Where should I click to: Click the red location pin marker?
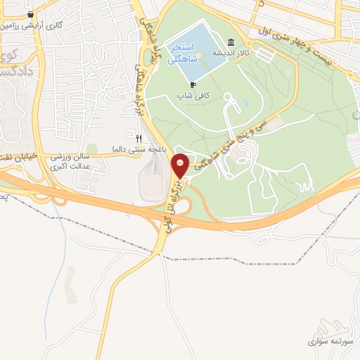[181, 165]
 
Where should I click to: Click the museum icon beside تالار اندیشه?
[232, 42]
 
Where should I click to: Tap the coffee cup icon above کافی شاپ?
[193, 85]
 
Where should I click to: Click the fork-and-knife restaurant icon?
[139, 139]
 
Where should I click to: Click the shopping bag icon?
[30, 13]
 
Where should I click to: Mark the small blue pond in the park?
[245, 104]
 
